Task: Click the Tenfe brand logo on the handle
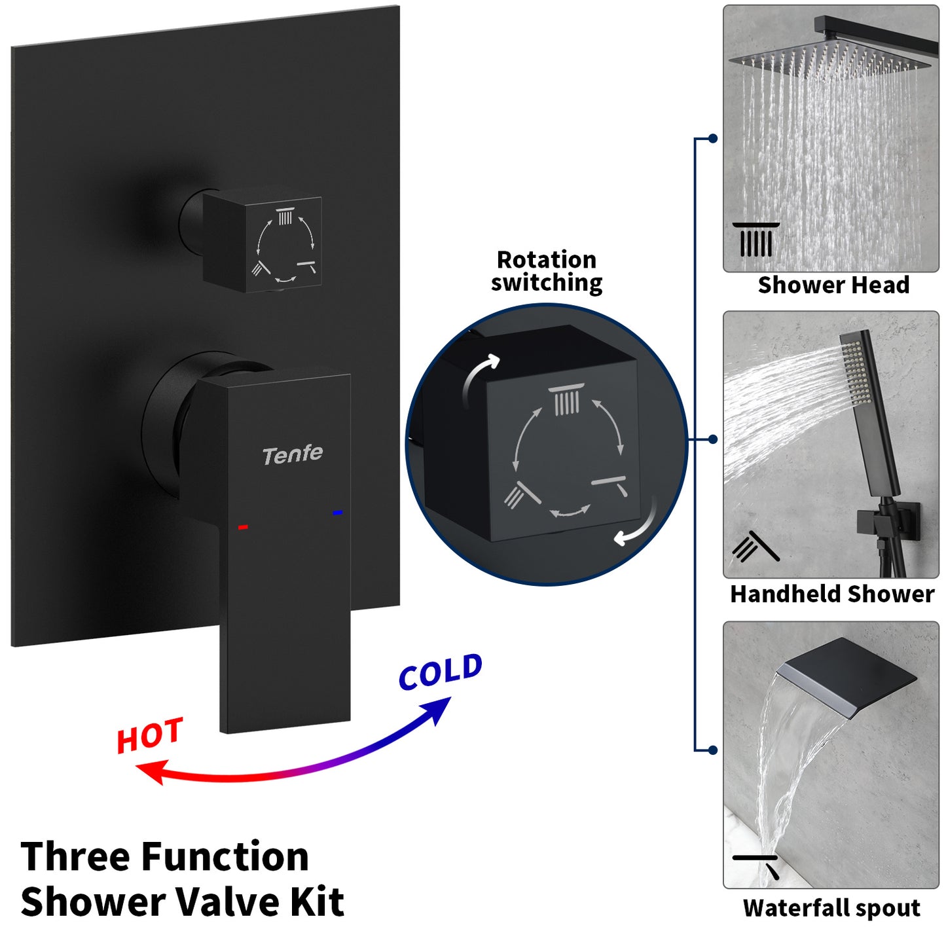(x=292, y=455)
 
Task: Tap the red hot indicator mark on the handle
(x=243, y=527)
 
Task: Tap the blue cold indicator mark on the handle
(x=337, y=513)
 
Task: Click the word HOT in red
(x=150, y=736)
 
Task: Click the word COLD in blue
(x=441, y=672)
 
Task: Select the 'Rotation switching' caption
(x=547, y=271)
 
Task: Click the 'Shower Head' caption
(x=833, y=285)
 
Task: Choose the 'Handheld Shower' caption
(x=831, y=594)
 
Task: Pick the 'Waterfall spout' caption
(x=831, y=909)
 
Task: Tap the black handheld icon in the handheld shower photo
(x=755, y=547)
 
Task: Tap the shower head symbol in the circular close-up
(x=566, y=400)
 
